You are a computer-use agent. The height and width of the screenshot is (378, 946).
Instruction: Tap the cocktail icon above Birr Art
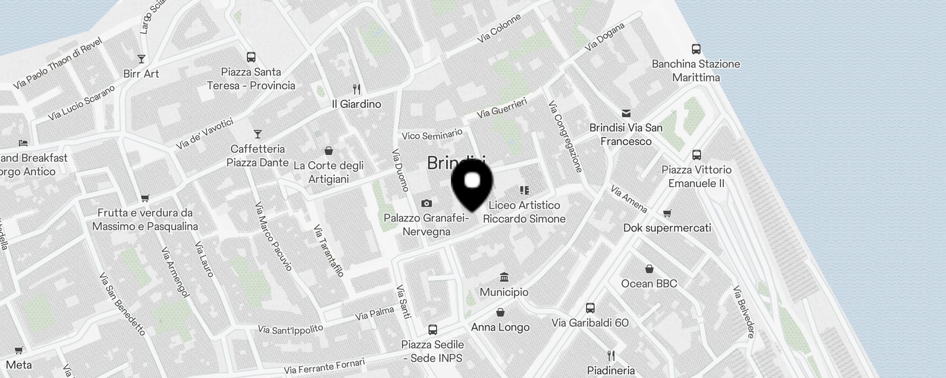[x=141, y=59]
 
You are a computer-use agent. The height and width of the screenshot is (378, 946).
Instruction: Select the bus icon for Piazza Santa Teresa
[x=251, y=57]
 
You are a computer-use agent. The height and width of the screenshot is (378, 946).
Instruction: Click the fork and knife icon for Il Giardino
[x=357, y=89]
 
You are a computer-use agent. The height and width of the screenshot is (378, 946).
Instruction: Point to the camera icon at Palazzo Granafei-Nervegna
[x=426, y=203]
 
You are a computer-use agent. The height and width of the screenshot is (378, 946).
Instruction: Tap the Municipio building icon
[x=504, y=277]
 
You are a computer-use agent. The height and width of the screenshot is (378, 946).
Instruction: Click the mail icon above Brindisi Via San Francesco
[x=626, y=113]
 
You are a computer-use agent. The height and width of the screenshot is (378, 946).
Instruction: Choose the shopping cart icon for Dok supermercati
[x=667, y=214]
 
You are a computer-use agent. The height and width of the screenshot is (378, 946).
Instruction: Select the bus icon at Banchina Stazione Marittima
[x=696, y=49]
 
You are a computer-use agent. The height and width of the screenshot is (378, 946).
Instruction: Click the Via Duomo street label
[x=400, y=171]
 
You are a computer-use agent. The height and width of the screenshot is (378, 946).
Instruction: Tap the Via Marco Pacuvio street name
[x=273, y=236]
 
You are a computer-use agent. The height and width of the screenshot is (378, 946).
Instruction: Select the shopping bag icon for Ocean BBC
[x=649, y=269]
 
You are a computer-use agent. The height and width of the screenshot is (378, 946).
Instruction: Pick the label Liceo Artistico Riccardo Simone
[x=524, y=212]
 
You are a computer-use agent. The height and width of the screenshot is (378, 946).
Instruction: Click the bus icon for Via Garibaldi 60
[x=590, y=308]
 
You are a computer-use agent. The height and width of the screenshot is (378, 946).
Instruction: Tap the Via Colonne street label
[x=499, y=28]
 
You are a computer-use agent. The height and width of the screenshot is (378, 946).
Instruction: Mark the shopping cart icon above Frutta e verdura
[x=145, y=198]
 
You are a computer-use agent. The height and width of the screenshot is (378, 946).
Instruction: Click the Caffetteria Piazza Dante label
[x=257, y=155]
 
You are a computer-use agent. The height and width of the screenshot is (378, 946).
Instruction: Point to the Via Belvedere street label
[x=744, y=312]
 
